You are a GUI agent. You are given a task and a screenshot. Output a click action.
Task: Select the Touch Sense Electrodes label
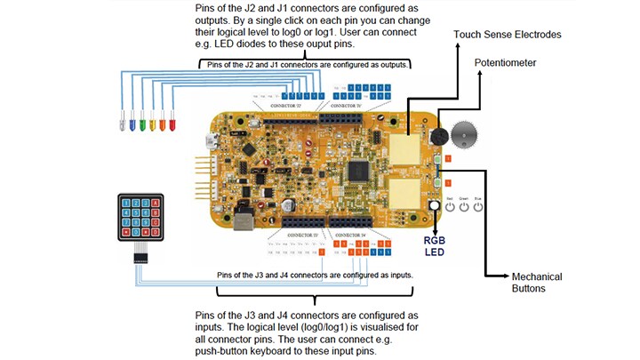point(508,35)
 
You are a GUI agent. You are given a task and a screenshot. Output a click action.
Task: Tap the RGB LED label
point(434,245)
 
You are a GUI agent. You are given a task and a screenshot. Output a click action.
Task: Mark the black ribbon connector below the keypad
point(140,256)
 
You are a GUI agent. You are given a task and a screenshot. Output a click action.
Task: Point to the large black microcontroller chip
point(360,169)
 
